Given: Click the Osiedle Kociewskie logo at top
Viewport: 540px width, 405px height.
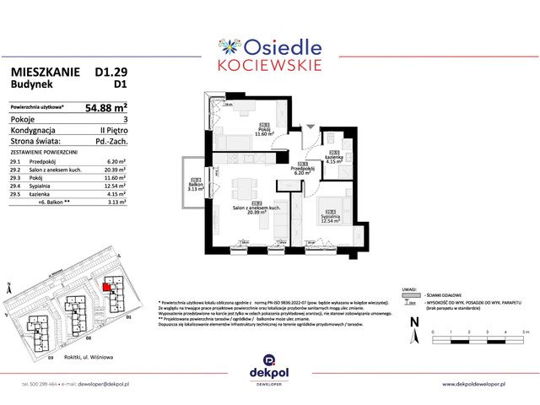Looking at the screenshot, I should point(269,51).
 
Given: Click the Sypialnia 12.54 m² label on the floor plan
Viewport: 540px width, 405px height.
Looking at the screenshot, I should point(330,219).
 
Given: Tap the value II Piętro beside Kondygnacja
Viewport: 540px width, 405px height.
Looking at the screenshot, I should point(111,131).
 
